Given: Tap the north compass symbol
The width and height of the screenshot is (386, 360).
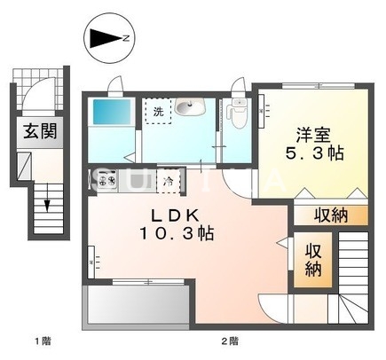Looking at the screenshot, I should [x=109, y=39].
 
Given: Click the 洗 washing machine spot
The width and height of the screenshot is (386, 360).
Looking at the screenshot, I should [x=157, y=112].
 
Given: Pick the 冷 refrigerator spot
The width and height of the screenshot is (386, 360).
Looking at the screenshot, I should [x=169, y=180].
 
